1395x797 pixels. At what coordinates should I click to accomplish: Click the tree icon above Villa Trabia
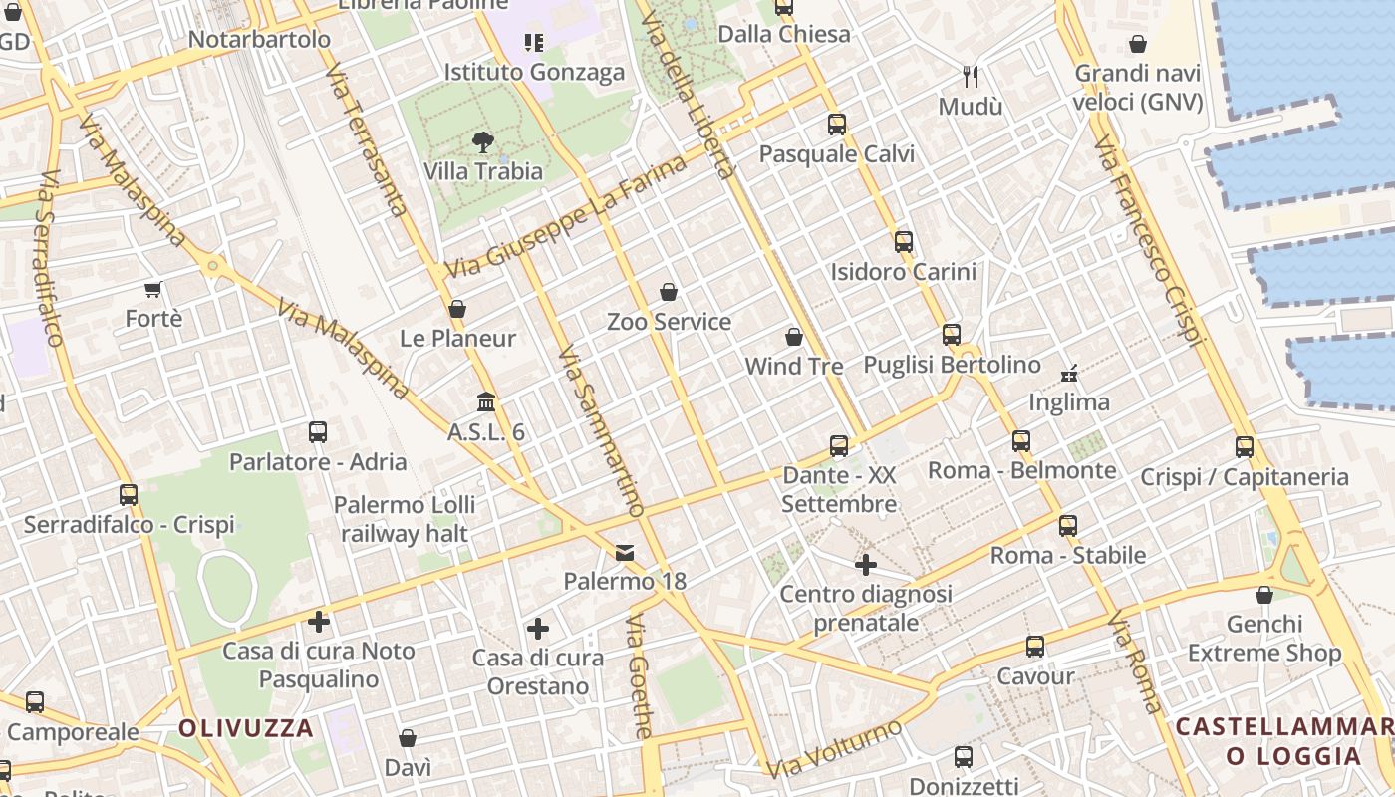click(x=483, y=141)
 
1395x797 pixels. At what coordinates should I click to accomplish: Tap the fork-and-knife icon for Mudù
click(x=972, y=76)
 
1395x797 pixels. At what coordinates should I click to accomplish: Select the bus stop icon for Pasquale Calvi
click(x=837, y=125)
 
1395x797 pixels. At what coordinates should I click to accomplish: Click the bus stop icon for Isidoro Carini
click(x=904, y=242)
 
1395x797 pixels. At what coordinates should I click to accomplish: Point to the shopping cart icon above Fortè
click(x=153, y=290)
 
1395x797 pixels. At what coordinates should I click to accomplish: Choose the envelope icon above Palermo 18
click(x=625, y=552)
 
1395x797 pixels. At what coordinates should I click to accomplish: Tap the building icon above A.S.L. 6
click(x=486, y=401)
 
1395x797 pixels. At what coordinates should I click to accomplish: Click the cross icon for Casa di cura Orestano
click(x=538, y=629)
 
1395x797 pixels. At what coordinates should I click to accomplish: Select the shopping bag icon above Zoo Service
click(x=669, y=292)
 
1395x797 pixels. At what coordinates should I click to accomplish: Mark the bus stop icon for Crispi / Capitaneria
click(x=1245, y=447)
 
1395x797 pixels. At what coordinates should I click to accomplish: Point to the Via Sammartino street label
click(x=601, y=431)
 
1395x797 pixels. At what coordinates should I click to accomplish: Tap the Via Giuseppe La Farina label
click(x=566, y=218)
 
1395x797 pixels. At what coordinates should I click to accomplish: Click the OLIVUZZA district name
click(x=246, y=728)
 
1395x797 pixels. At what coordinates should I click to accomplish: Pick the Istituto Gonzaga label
click(x=534, y=72)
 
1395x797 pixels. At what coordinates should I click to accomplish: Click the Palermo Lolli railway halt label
click(x=405, y=519)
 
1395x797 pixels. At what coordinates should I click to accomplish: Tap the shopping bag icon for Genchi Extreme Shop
click(x=1264, y=595)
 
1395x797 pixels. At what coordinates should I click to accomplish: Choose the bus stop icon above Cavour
click(x=1035, y=647)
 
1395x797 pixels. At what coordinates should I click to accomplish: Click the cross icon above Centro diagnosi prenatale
click(x=866, y=565)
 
